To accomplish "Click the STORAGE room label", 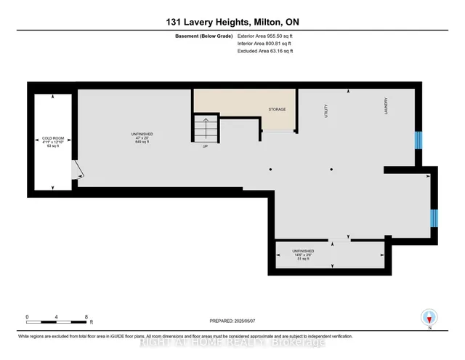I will click(x=277, y=110).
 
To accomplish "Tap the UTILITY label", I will click(x=325, y=111).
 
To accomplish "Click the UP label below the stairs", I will click(x=206, y=146).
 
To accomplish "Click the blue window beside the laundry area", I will click(x=418, y=140).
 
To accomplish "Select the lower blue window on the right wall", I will click(x=434, y=217).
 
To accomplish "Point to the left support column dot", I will click(x=270, y=169).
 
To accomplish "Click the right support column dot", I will click(x=331, y=169).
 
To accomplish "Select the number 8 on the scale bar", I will click(x=87, y=317).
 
